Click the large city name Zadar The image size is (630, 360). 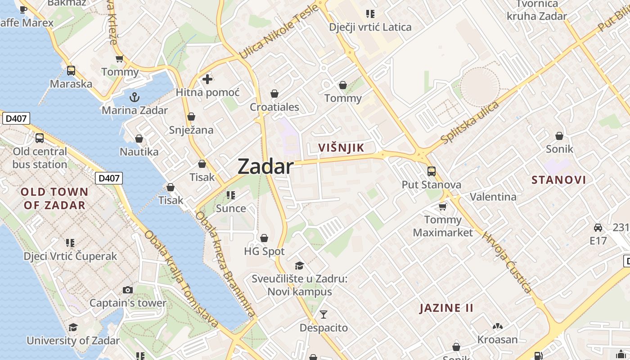(265, 166)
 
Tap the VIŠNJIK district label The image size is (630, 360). (341, 148)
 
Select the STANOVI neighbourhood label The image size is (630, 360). (559, 180)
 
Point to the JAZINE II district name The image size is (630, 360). (446, 308)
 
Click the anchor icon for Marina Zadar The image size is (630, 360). (134, 97)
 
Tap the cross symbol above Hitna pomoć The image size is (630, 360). (207, 80)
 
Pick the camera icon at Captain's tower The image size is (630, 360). (128, 290)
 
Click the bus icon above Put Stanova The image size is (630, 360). (431, 171)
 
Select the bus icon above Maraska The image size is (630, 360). (71, 71)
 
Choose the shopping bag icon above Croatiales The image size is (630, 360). (274, 94)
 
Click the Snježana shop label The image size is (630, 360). (191, 130)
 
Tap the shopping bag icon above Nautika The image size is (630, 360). (139, 139)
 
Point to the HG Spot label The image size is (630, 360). (264, 251)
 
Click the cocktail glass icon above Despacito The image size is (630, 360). (324, 315)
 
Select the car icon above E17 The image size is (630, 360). (598, 228)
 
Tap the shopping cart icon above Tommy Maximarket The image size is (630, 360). (443, 207)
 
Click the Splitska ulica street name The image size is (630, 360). (470, 122)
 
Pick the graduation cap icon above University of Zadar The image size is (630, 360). (73, 327)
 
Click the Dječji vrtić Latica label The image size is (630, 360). (370, 27)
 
